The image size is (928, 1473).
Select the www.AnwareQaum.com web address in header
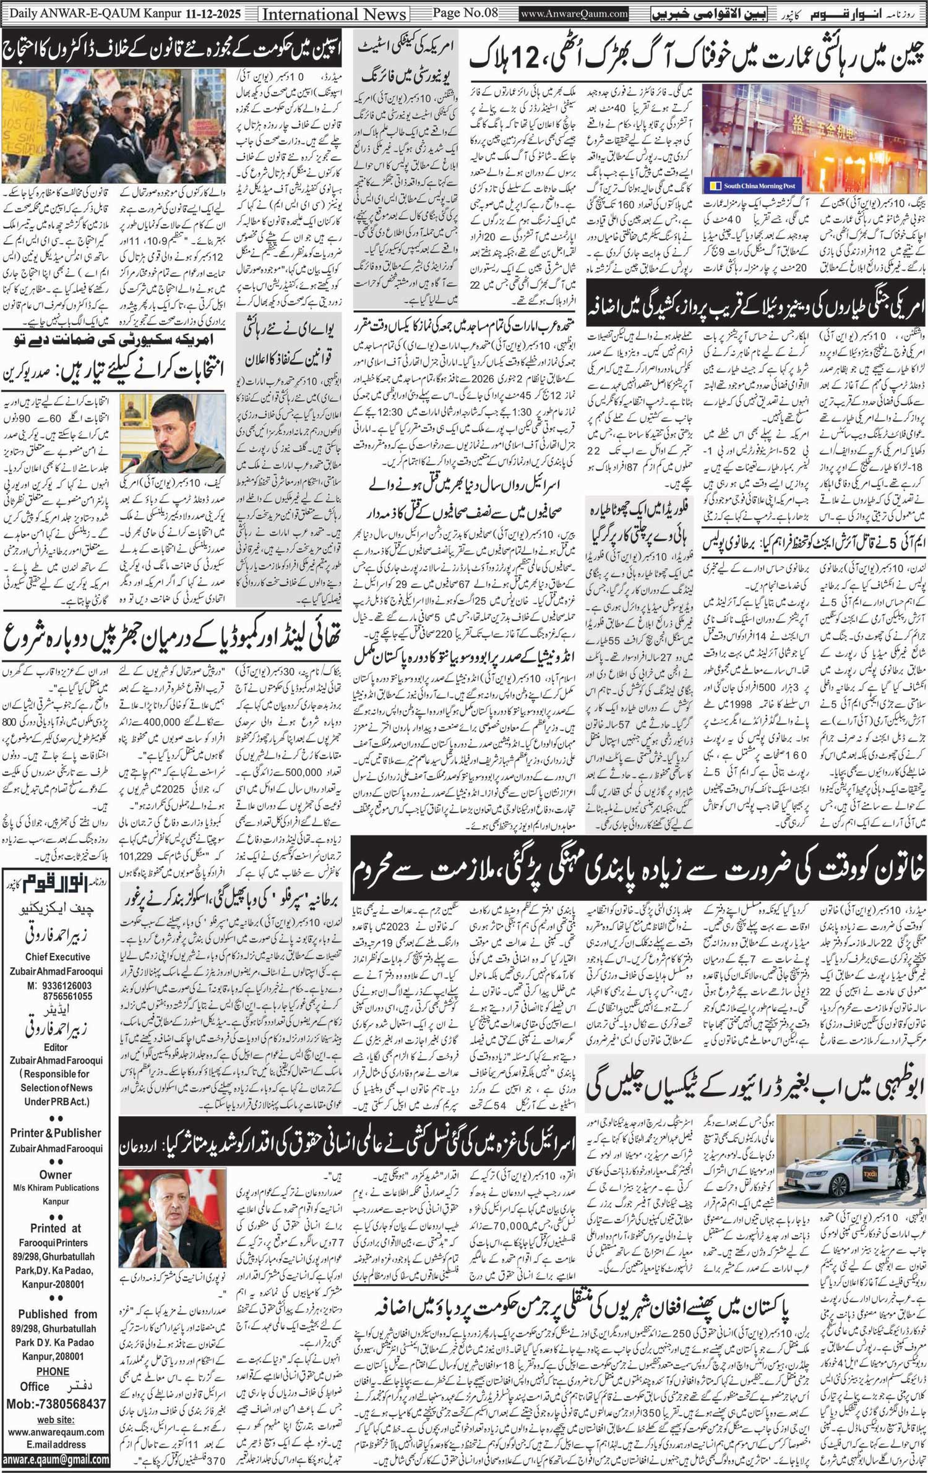point(574,14)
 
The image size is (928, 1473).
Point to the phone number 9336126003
point(68,986)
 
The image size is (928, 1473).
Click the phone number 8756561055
point(68,996)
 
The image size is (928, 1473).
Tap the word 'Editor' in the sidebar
point(56,1048)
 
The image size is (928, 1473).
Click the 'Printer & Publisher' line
point(56,1133)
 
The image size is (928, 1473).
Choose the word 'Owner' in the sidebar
point(56,1174)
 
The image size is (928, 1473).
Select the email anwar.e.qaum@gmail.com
point(56,1460)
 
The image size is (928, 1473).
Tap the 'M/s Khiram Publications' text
point(56,1188)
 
